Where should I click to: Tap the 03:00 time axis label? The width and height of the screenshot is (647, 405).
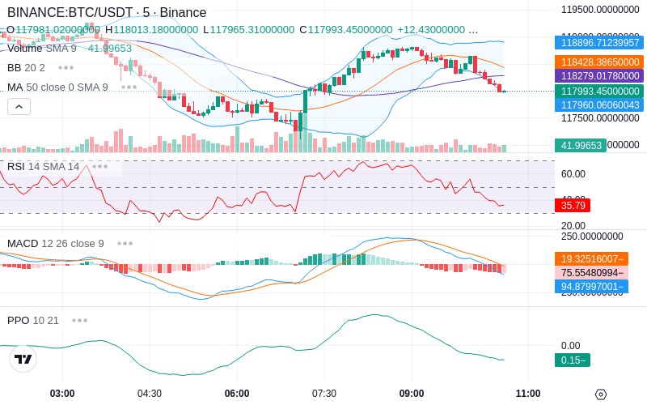62,393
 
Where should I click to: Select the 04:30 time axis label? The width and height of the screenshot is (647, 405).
150,393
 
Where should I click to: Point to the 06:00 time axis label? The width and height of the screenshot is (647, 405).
237,393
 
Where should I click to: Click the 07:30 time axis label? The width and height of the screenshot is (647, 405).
324,393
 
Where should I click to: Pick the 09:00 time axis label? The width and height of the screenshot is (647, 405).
412,393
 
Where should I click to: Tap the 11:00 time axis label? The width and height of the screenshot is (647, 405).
528,393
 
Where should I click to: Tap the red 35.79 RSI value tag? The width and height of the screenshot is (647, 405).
572,206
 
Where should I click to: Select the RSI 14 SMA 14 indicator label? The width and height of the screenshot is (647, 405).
44,166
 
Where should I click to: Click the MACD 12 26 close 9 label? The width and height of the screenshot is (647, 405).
56,243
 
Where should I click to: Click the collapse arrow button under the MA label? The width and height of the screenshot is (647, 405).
19,106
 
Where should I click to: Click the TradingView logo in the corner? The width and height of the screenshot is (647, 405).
23,359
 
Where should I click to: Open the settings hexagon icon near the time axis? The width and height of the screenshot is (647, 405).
600,394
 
